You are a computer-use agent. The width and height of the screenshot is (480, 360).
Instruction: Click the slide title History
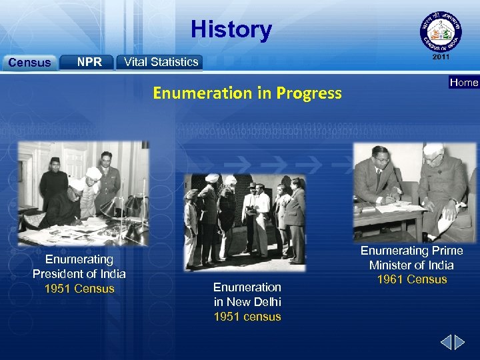tap(231, 29)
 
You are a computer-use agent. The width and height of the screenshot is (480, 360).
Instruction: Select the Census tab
tap(29, 63)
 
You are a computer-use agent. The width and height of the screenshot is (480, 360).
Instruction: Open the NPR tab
tap(89, 62)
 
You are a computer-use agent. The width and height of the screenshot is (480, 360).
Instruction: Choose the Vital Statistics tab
tap(161, 62)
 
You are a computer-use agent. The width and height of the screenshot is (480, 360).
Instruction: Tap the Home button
tap(463, 83)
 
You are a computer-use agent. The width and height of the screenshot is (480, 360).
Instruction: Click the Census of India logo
tap(440, 33)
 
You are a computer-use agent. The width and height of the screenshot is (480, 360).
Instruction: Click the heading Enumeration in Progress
tap(247, 93)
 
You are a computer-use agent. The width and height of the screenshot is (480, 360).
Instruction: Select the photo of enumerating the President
tap(83, 193)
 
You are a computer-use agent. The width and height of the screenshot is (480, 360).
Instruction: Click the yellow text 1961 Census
tap(412, 279)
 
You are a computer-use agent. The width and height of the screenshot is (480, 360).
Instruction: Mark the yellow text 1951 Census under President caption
tap(79, 289)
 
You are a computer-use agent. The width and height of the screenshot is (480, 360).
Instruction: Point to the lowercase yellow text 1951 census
tap(247, 317)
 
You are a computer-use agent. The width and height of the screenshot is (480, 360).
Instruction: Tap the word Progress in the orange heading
tap(309, 93)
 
